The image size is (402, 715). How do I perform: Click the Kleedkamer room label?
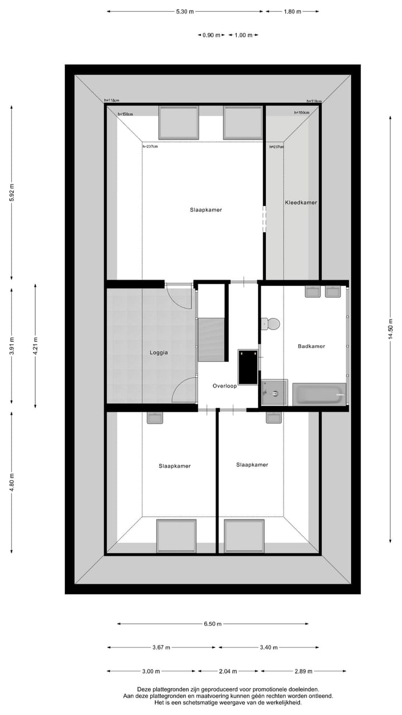301,203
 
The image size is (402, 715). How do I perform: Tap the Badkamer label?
311,346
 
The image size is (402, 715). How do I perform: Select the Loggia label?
159,352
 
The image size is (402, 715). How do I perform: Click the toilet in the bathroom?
271,324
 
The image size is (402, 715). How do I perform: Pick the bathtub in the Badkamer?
319,394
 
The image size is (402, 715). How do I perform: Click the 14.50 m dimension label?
391,328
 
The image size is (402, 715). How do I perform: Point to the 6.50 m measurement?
212,624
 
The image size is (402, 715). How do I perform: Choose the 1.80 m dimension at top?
292,11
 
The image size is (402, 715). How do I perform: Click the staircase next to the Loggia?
211,339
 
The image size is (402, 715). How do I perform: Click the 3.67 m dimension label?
161,647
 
